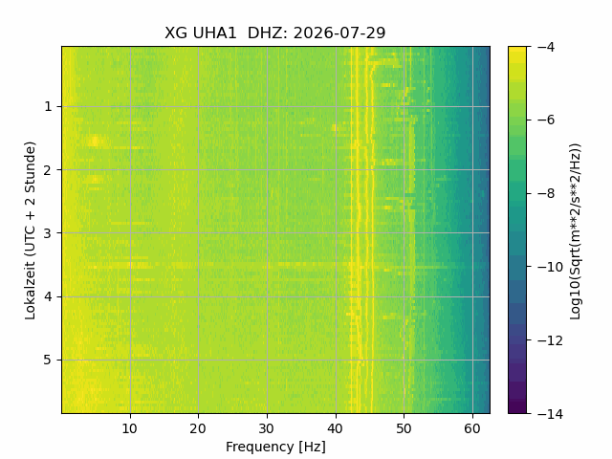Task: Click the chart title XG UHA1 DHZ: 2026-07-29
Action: [x=275, y=33]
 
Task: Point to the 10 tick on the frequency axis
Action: [x=130, y=429]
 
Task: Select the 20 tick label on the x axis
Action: [x=198, y=429]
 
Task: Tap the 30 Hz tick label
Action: [x=267, y=429]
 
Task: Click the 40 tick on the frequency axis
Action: [x=336, y=429]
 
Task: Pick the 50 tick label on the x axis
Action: [x=404, y=429]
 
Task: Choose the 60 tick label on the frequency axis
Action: [x=472, y=429]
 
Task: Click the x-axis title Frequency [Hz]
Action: [x=275, y=447]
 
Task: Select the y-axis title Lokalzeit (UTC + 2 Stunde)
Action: [x=30, y=230]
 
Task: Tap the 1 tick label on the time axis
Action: [x=48, y=106]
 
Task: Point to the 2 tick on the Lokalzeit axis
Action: [x=48, y=170]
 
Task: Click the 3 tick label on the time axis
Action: [x=48, y=233]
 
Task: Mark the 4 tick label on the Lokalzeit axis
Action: [x=48, y=296]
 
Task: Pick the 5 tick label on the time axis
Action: [x=48, y=360]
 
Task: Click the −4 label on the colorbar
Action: [x=546, y=47]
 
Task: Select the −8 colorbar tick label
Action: [x=546, y=193]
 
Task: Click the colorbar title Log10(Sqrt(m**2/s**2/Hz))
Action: [x=576, y=231]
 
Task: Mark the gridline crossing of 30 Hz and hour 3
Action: [x=267, y=233]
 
